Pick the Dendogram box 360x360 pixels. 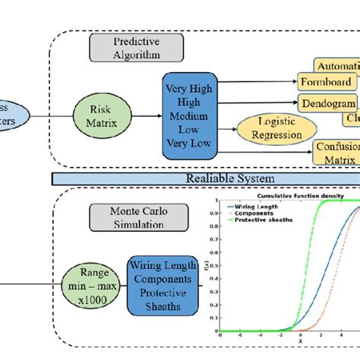(328, 103)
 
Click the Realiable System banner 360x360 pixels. (206, 178)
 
